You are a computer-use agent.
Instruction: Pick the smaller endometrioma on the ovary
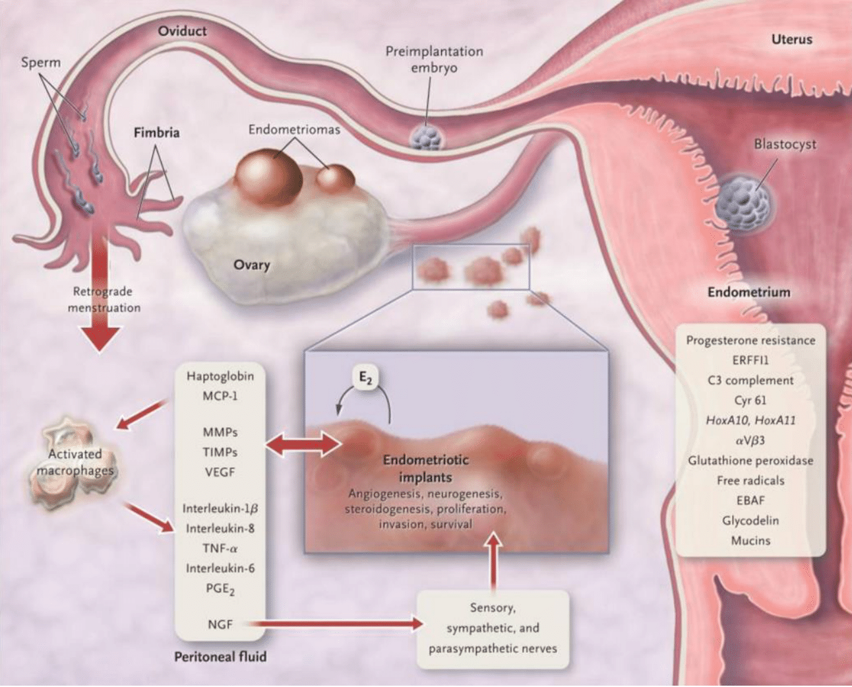pyautogui.click(x=335, y=180)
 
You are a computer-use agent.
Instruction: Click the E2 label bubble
pyautogui.click(x=365, y=378)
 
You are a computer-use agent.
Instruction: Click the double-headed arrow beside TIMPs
pyautogui.click(x=303, y=445)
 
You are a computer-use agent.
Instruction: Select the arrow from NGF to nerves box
pyautogui.click(x=336, y=623)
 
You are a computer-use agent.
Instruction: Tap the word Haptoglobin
pyautogui.click(x=220, y=376)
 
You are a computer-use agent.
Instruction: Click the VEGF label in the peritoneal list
pyautogui.click(x=220, y=473)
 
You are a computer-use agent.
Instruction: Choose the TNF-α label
pyautogui.click(x=220, y=548)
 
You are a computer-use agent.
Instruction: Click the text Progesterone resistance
pyautogui.click(x=750, y=341)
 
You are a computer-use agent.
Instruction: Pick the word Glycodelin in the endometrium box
pyautogui.click(x=750, y=521)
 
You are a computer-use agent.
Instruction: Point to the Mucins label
pyautogui.click(x=750, y=540)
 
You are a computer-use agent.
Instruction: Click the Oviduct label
pyautogui.click(x=182, y=31)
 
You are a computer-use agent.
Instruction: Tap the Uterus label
pyautogui.click(x=791, y=40)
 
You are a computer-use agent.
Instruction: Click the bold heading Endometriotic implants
pyautogui.click(x=425, y=468)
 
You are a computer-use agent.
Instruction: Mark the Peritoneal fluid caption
pyautogui.click(x=220, y=657)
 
